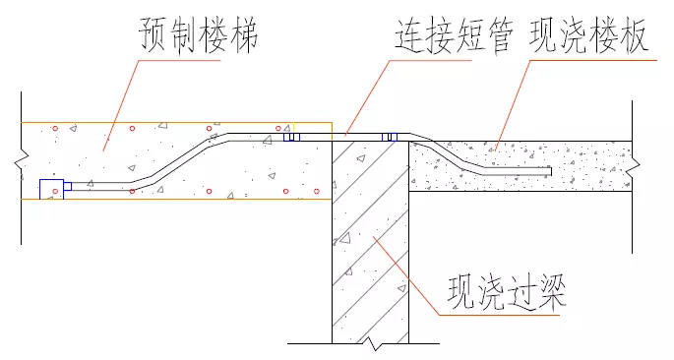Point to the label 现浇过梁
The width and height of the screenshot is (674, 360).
pyautogui.click(x=508, y=292)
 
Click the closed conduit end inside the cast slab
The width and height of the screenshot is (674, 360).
pyautogui.click(x=550, y=171)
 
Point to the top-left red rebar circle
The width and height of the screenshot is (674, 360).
pyautogui.click(x=57, y=129)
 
